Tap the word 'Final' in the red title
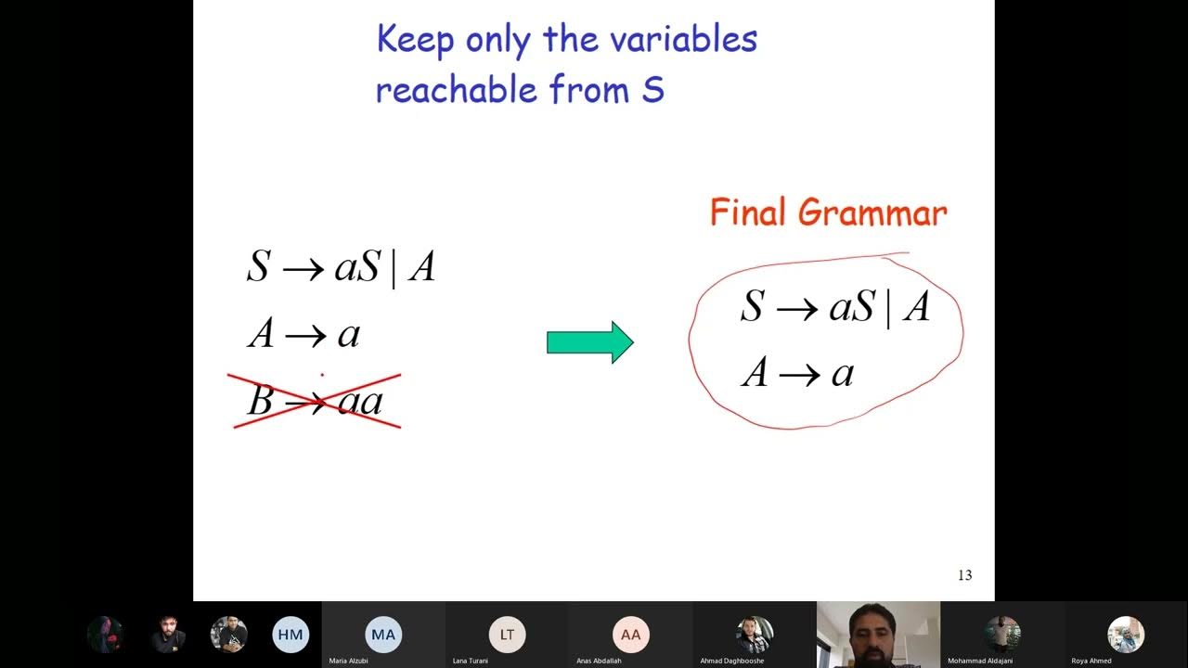tap(749, 212)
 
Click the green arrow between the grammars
tap(589, 342)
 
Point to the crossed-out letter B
tap(260, 401)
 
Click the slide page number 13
tap(964, 575)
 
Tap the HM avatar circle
tap(291, 635)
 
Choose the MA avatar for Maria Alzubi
tap(383, 635)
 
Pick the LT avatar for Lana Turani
tap(507, 635)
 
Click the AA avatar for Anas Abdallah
tap(630, 635)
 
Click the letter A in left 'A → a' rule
tap(261, 334)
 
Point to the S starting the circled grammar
tap(751, 306)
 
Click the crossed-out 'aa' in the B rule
tap(359, 402)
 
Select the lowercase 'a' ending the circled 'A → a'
tap(842, 373)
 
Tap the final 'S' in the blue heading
tap(652, 90)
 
